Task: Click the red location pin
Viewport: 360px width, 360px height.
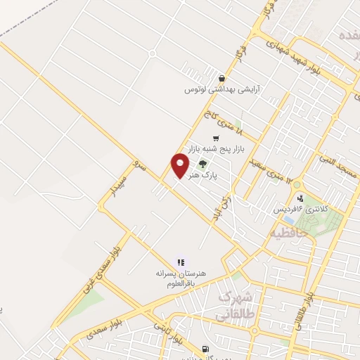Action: click(x=180, y=165)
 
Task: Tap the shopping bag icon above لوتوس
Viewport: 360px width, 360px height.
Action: click(x=222, y=79)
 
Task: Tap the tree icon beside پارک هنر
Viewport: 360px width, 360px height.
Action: click(x=202, y=165)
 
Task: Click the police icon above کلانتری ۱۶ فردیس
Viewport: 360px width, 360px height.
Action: click(x=301, y=199)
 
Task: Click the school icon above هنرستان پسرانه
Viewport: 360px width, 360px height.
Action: click(x=181, y=262)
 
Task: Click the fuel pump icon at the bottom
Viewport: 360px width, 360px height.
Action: click(x=205, y=349)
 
